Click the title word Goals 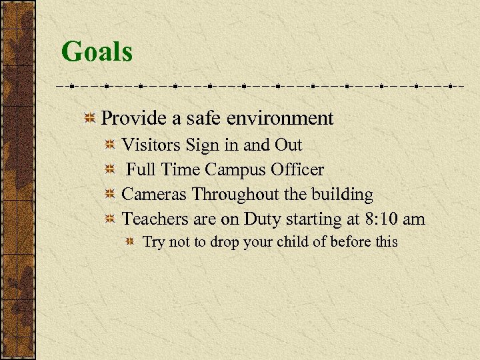coord(97,52)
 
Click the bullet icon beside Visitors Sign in coord(111,145)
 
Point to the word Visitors coord(151,145)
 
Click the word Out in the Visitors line coord(288,145)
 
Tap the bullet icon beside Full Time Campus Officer coord(111,170)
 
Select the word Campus coord(235,170)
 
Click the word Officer coord(297,170)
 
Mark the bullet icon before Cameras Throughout coord(111,195)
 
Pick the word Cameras coord(155,195)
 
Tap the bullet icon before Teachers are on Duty coord(111,219)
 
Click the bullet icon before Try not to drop coord(132,242)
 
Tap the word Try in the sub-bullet coord(154,242)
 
